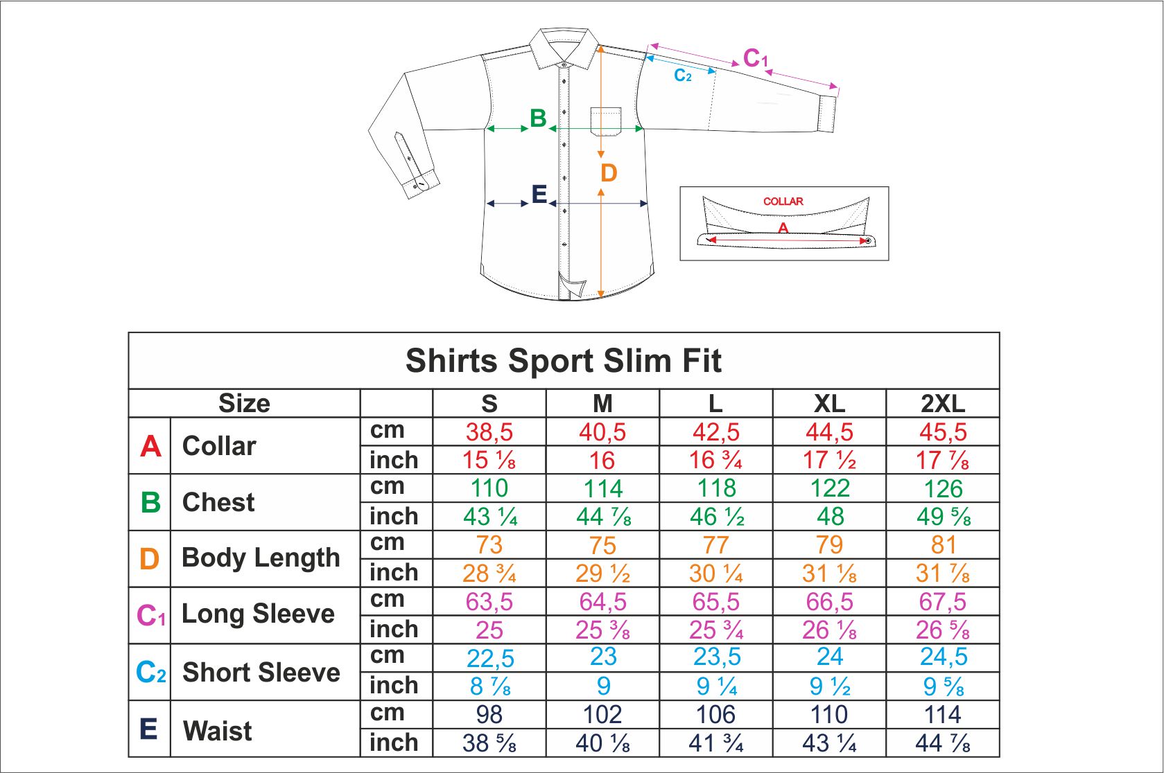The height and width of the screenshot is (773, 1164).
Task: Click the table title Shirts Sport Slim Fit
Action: point(563,361)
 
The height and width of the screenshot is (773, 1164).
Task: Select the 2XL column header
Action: point(942,403)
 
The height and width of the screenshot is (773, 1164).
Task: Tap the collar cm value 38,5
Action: point(489,432)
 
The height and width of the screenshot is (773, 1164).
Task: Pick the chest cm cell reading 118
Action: point(715,488)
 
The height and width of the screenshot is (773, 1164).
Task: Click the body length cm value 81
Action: point(942,545)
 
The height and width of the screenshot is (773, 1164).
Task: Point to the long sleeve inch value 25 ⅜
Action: point(602,630)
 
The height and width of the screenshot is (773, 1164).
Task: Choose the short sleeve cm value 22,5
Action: point(489,658)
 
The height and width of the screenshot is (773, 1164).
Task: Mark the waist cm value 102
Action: point(602,714)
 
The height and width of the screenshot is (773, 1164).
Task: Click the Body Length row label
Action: point(261,558)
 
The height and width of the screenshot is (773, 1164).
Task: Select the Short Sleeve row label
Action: point(261,672)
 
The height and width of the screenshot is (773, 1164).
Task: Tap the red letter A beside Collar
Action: point(150,446)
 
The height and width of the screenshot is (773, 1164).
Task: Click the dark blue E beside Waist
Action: point(148,729)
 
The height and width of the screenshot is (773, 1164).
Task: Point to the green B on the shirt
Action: point(538,118)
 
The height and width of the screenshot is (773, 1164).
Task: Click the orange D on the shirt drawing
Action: point(608,172)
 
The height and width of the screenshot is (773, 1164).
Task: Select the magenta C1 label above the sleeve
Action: point(755,58)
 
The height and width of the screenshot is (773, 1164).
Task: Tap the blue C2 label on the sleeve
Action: point(682,75)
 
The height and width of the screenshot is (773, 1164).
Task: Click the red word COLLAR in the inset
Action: point(783,202)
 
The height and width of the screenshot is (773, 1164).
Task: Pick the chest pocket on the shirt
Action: point(605,121)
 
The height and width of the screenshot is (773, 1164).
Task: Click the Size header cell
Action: point(244,403)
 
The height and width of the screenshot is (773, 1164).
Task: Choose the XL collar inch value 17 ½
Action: point(829,460)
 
